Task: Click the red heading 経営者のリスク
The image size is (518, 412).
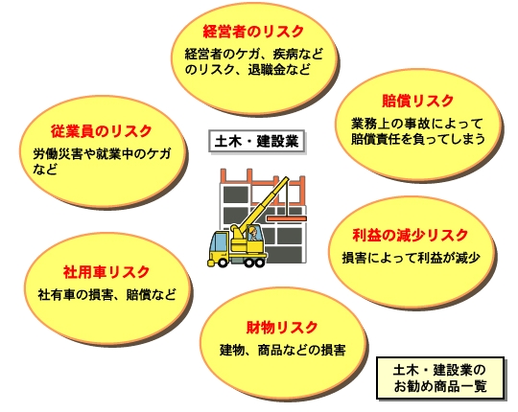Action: (253, 32)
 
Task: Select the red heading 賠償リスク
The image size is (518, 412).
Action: (418, 101)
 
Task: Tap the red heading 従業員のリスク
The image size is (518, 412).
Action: (102, 131)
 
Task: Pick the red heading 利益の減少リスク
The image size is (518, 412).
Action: (411, 235)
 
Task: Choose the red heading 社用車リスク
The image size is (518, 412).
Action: (106, 272)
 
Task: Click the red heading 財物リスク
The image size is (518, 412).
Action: (282, 328)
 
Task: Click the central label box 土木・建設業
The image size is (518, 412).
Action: (256, 142)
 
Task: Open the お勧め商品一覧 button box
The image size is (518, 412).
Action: (440, 378)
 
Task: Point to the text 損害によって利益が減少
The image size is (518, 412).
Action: (411, 258)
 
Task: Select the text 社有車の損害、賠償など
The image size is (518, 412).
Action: (107, 294)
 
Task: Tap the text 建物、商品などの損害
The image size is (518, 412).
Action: (283, 350)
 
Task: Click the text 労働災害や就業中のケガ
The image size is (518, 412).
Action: (103, 153)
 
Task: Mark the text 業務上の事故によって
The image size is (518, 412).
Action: (417, 124)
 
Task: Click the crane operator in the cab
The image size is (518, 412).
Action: (253, 233)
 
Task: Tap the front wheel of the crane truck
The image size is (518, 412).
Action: (223, 263)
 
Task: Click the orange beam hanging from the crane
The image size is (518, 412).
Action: (287, 218)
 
